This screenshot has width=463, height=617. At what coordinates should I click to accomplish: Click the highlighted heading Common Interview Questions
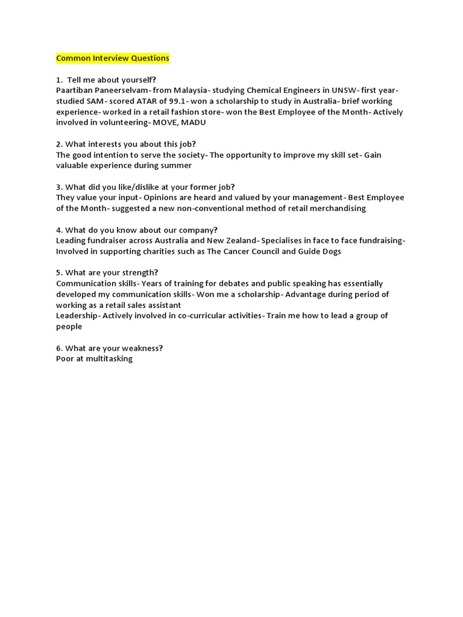click(x=113, y=58)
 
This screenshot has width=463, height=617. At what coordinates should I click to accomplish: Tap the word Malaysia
click(x=179, y=90)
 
